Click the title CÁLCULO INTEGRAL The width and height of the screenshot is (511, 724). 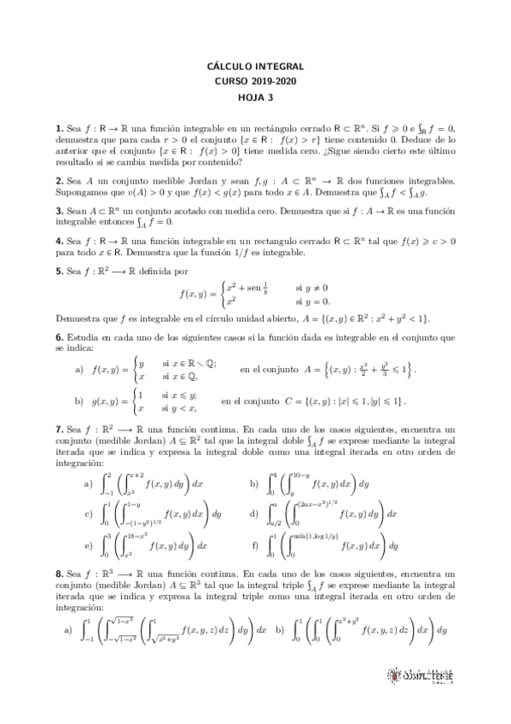255,66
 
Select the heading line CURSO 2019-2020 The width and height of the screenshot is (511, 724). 255,80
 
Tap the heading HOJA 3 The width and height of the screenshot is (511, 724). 255,96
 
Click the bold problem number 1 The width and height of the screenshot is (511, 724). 58,127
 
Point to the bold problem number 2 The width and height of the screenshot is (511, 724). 58,182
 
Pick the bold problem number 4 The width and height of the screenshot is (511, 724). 58,242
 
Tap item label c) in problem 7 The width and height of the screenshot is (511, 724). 88,514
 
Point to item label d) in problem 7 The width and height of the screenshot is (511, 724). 253,514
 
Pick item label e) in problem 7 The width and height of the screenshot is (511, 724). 88,545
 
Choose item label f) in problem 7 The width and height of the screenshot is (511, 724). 253,545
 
